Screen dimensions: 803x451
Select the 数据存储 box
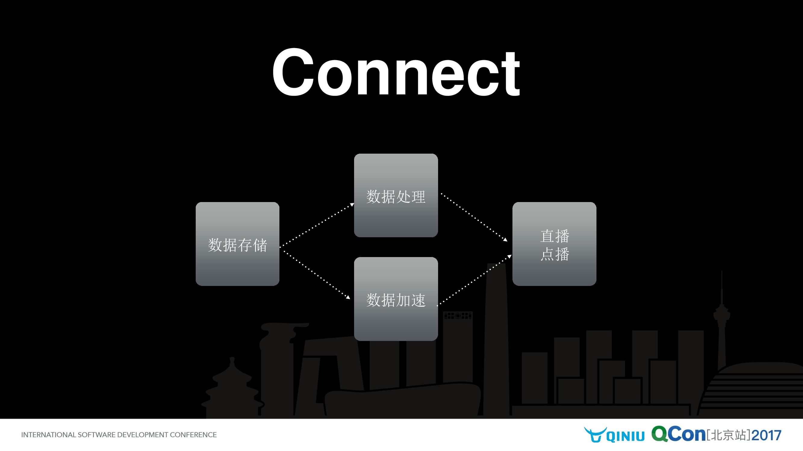237,244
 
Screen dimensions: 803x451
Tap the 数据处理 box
396,195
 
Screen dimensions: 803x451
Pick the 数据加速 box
396,299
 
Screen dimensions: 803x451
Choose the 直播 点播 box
554,244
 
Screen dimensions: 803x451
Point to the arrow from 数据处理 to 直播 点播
474,217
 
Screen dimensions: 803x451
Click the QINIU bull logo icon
595,434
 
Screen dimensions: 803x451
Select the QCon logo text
678,434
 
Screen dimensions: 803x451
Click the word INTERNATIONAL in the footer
48,435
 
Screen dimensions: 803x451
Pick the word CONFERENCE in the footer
193,435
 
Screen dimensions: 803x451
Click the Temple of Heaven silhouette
231,389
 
